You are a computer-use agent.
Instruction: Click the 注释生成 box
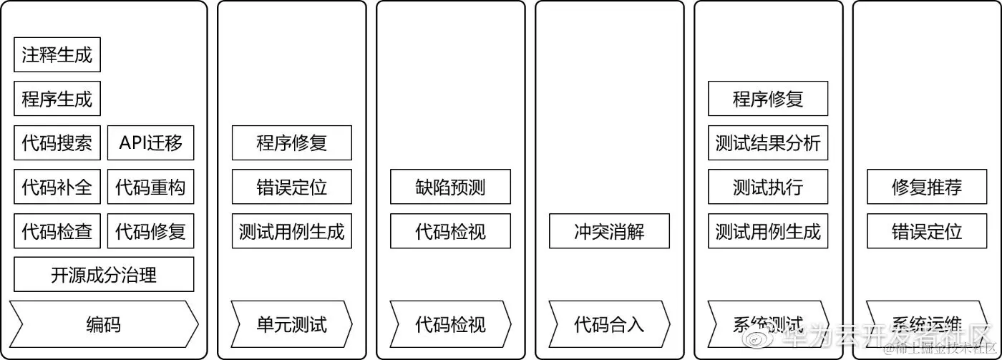pyautogui.click(x=57, y=55)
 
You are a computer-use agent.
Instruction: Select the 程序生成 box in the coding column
pyautogui.click(x=57, y=99)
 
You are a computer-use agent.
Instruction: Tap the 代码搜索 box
pyautogui.click(x=57, y=143)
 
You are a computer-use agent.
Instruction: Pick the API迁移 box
pyautogui.click(x=150, y=143)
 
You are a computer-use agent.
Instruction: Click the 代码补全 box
pyautogui.click(x=57, y=188)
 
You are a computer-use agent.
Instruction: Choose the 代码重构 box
pyautogui.click(x=150, y=188)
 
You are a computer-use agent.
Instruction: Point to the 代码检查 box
pyautogui.click(x=57, y=231)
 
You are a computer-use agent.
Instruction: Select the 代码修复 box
pyautogui.click(x=150, y=231)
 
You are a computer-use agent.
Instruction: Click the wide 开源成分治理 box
pyautogui.click(x=104, y=275)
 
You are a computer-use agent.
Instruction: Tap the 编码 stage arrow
pyautogui.click(x=104, y=324)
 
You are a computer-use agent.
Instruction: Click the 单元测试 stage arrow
pyautogui.click(x=291, y=324)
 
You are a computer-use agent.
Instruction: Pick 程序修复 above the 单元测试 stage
pyautogui.click(x=291, y=143)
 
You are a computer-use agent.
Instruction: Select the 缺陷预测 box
pyautogui.click(x=450, y=188)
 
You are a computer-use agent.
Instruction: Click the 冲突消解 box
pyautogui.click(x=609, y=231)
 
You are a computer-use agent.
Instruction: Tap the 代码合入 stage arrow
pyautogui.click(x=609, y=324)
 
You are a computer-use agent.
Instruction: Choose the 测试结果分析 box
pyautogui.click(x=768, y=143)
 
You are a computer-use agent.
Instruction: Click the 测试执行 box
pyautogui.click(x=768, y=188)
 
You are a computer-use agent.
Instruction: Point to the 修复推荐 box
pyautogui.click(x=927, y=188)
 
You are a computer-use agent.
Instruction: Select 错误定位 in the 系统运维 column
pyautogui.click(x=927, y=231)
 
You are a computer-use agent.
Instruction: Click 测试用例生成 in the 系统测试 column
pyautogui.click(x=768, y=231)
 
